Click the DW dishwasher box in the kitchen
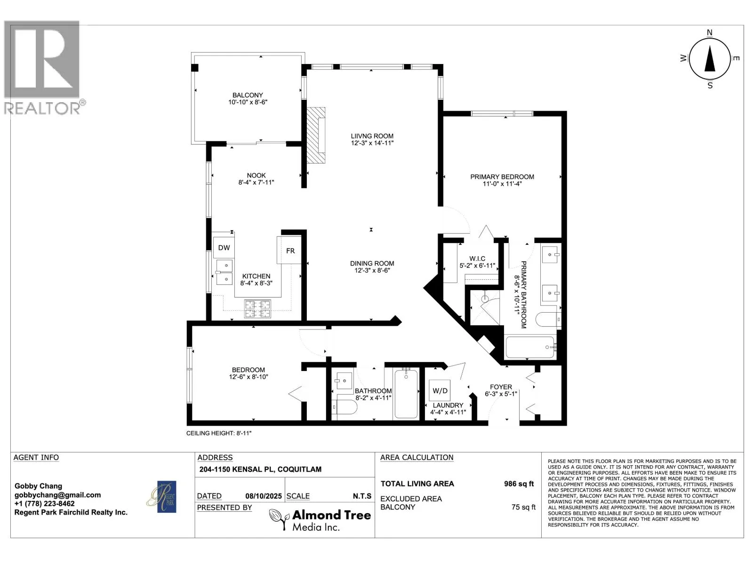click(x=224, y=247)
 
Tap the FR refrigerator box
click(x=289, y=250)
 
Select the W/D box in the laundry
click(x=440, y=390)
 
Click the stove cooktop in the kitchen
click(x=257, y=308)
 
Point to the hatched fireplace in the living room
click(x=316, y=135)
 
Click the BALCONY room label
click(x=248, y=95)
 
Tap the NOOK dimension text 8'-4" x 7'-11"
click(x=256, y=183)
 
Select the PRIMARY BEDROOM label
click(x=502, y=177)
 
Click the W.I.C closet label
click(x=477, y=258)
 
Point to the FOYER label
click(x=501, y=387)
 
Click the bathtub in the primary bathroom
click(x=530, y=347)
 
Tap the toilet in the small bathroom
click(x=344, y=407)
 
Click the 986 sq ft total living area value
click(x=519, y=484)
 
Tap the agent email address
click(x=57, y=495)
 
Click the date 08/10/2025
click(x=264, y=496)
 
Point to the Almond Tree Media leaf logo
click(x=280, y=519)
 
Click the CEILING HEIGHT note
click(x=218, y=433)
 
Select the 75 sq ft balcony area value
click(x=523, y=507)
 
